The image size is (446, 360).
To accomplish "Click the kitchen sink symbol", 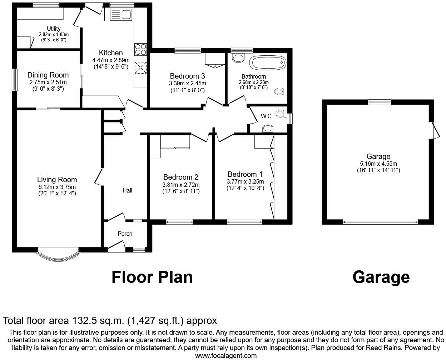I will pyautogui.click(x=122, y=15).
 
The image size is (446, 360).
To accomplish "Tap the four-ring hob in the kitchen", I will pyautogui.click(x=140, y=49).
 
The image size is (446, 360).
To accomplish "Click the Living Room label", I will pyautogui.click(x=57, y=180).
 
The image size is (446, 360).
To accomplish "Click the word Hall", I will pyautogui.click(x=127, y=191).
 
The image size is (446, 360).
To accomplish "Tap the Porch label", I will pyautogui.click(x=125, y=234).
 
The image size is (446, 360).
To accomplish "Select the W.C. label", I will pyautogui.click(x=267, y=116).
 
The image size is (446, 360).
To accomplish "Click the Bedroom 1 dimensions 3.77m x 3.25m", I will pyautogui.click(x=245, y=181).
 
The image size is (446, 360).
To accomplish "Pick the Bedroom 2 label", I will pyautogui.click(x=181, y=177).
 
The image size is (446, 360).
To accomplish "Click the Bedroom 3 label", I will pyautogui.click(x=187, y=76).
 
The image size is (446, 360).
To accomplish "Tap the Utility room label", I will pyautogui.click(x=54, y=29).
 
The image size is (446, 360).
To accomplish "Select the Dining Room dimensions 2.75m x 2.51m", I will pyautogui.click(x=48, y=82).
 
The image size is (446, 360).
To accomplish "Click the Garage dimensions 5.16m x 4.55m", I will pyautogui.click(x=378, y=164).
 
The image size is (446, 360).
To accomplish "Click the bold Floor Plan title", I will pyautogui.click(x=152, y=277).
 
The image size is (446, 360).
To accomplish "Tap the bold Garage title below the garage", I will pyautogui.click(x=381, y=277).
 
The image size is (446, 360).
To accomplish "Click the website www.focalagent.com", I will pyautogui.click(x=226, y=355).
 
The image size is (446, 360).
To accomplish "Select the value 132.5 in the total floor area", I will pyautogui.click(x=84, y=320).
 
